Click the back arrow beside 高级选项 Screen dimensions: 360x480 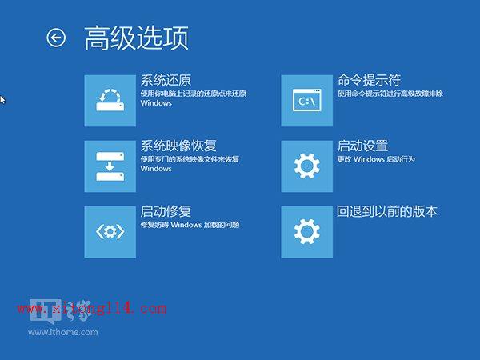coord(56,38)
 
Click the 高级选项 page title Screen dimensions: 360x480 coord(136,38)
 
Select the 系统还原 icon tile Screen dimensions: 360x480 coord(110,100)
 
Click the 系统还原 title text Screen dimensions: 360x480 coord(166,80)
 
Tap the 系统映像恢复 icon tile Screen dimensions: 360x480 coord(110,166)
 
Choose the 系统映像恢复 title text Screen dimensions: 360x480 coord(178,146)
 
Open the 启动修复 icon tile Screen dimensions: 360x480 coord(110,231)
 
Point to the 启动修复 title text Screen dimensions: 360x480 coord(166,211)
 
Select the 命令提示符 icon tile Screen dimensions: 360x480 coord(307,100)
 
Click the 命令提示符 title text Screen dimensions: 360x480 coord(369,80)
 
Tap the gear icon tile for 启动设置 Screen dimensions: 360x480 coord(307,166)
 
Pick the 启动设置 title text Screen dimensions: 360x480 coord(362,146)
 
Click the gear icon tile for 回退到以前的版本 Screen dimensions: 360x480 coord(307,231)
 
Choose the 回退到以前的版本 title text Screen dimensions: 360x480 coord(387,211)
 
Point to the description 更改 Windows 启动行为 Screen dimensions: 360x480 coord(376,160)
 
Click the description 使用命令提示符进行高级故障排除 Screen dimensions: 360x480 coord(390,94)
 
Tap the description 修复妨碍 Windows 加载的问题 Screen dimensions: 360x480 coord(190,226)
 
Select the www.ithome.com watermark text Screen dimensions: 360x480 coord(63,331)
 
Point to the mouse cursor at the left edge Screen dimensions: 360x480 coord(2,99)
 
